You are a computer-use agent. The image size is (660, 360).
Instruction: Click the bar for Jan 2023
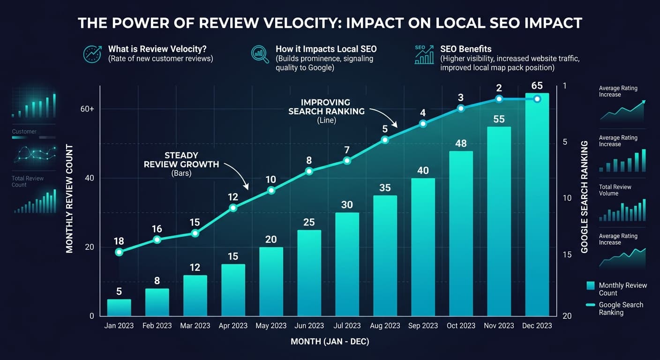pos(119,307)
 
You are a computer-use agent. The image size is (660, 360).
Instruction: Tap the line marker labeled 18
pos(119,252)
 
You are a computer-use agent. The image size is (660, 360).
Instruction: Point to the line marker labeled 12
pos(233,208)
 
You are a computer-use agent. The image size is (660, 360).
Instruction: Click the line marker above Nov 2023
pos(499,99)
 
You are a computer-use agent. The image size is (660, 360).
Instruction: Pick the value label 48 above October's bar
pos(461,143)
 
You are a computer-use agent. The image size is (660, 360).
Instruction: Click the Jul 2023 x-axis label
pos(347,326)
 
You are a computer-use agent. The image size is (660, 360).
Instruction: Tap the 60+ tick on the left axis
pos(87,109)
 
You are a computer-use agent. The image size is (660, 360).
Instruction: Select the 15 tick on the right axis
pos(567,255)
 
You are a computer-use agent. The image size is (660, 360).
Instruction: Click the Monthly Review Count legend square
pos(591,285)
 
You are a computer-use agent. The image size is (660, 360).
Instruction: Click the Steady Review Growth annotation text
pos(181,160)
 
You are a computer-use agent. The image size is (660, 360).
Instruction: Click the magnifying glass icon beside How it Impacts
pos(260,54)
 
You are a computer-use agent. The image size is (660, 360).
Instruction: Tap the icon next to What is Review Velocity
pos(92,54)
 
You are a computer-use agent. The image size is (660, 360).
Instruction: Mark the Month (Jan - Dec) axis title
pos(330,342)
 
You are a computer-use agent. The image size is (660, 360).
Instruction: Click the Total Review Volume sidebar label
pos(615,190)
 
